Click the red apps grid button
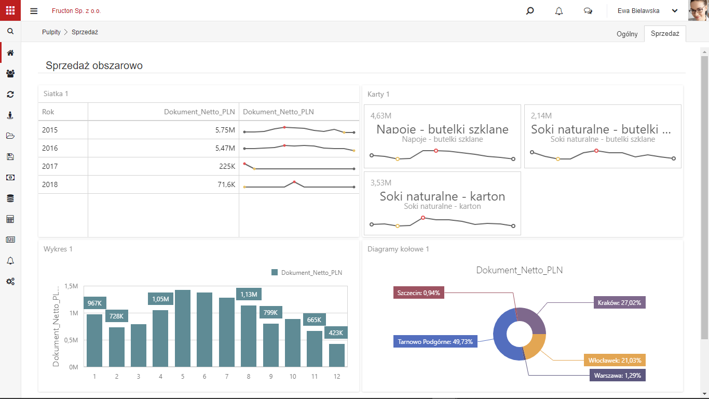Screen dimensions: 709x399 point(10,10)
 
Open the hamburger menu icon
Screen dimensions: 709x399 point(34,11)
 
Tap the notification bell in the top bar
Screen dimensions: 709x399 point(559,11)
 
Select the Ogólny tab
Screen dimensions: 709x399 point(627,34)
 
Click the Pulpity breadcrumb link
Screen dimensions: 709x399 point(51,32)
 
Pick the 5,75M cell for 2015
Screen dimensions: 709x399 point(225,130)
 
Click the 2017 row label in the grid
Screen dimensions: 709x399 point(50,166)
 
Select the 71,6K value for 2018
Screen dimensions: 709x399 point(226,184)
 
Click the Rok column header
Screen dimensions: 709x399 point(48,112)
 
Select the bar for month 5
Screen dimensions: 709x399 point(183,328)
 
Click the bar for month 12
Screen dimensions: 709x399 point(337,355)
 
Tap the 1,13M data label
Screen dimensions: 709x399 point(249,295)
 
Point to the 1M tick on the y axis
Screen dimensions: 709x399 point(74,313)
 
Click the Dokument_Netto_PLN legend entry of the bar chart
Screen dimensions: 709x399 point(307,273)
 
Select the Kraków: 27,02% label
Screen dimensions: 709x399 point(619,303)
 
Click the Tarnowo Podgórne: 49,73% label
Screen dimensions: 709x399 point(435,342)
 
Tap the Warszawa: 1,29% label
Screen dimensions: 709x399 point(618,376)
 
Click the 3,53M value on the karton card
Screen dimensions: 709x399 point(381,183)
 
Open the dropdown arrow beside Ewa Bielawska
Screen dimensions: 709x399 point(675,11)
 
